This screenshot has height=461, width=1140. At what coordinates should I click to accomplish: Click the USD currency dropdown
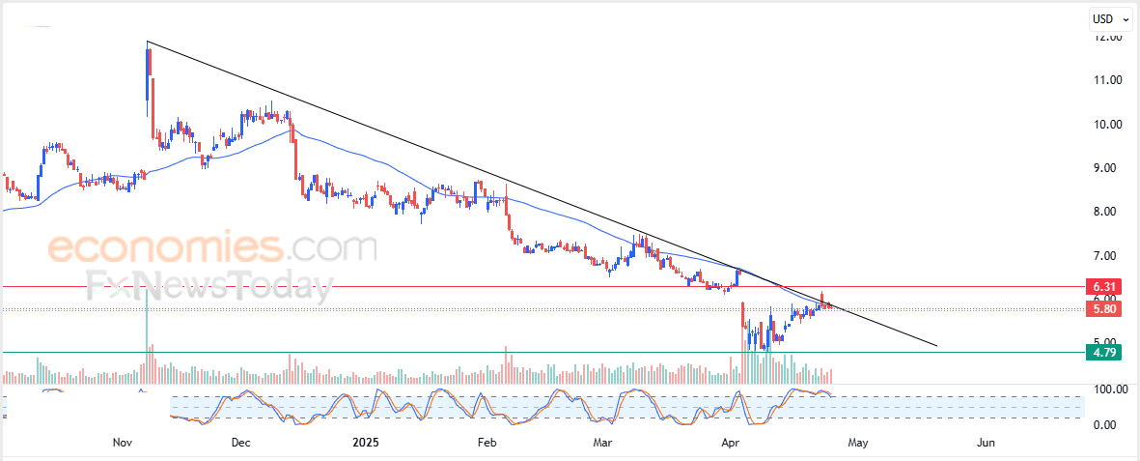pos(1109,18)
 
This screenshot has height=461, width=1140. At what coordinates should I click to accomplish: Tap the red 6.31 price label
pos(1104,287)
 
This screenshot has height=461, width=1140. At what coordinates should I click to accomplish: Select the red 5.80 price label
pos(1104,309)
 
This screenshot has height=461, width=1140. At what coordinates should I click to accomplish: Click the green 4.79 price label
pos(1104,353)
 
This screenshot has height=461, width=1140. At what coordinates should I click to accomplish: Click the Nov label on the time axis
pos(122,443)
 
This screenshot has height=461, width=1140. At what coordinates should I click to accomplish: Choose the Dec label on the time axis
pos(241,443)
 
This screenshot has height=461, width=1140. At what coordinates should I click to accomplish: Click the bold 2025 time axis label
pos(366,443)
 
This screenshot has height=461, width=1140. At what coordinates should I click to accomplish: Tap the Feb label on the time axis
pos(487,443)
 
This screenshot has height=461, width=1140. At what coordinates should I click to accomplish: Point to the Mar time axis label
pos(603,443)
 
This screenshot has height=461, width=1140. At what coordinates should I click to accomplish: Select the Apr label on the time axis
pos(731,443)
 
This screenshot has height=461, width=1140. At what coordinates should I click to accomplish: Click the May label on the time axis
pos(858,443)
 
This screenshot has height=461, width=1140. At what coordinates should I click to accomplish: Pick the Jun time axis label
pos(986,443)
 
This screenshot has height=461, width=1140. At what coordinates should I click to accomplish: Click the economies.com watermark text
pos(212,248)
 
